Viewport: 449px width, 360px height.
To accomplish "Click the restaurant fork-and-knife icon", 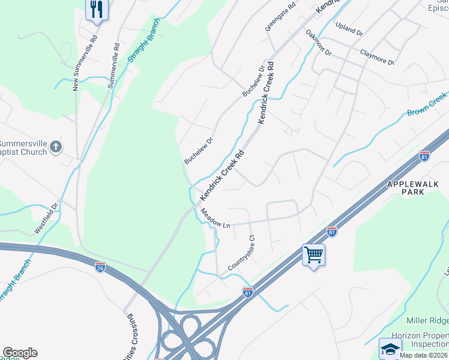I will pyautogui.click(x=96, y=9).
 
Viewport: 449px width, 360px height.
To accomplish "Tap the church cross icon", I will pyautogui.click(x=56, y=146).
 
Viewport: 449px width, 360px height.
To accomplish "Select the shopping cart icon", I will pyautogui.click(x=313, y=255).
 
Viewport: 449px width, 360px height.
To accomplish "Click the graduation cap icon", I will pyautogui.click(x=390, y=349).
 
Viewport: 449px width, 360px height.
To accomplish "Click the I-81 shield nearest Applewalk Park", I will pyautogui.click(x=424, y=156).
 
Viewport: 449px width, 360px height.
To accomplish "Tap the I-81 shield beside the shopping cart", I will pyautogui.click(x=331, y=230).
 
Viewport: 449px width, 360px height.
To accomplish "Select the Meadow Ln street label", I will pyautogui.click(x=215, y=218).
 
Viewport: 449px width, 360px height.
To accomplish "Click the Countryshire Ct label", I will pyautogui.click(x=242, y=253).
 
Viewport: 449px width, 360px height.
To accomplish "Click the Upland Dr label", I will pyautogui.click(x=349, y=29).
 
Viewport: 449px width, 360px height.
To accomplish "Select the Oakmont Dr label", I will pyautogui.click(x=318, y=43).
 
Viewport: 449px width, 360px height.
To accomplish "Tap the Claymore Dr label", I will pyautogui.click(x=376, y=57).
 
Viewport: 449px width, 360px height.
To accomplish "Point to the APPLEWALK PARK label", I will pyautogui.click(x=413, y=188).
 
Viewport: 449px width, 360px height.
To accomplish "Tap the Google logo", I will pyautogui.click(x=20, y=353).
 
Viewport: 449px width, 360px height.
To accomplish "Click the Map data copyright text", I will pyautogui.click(x=424, y=355).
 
